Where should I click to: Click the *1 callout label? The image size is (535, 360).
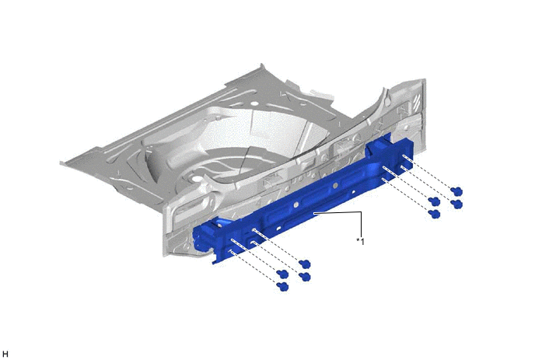(360, 242)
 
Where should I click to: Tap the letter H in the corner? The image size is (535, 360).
(5, 354)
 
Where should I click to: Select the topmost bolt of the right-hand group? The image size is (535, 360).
(457, 191)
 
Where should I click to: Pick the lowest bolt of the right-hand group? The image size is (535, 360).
(435, 214)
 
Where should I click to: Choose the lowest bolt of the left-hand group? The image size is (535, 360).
(283, 286)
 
